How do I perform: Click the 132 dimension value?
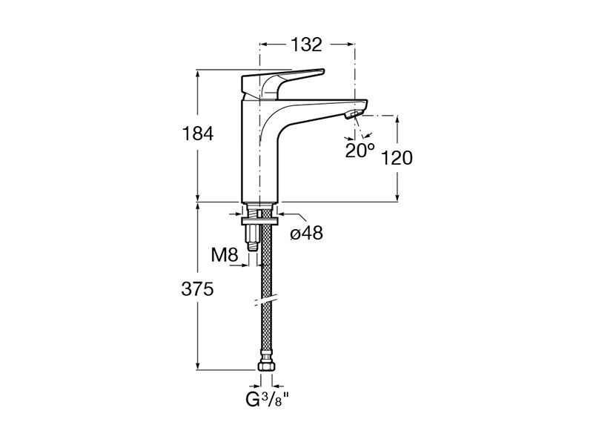(x=306, y=44)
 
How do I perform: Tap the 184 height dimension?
(x=198, y=134)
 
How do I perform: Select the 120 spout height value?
(x=397, y=158)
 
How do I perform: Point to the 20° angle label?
(x=360, y=151)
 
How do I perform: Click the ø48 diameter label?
(x=306, y=233)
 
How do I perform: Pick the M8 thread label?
(x=225, y=255)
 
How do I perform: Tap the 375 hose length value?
(x=197, y=289)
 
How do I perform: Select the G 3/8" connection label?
(x=268, y=400)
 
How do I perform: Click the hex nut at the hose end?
(x=266, y=366)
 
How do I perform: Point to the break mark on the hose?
(x=266, y=300)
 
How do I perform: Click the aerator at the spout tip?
(x=354, y=113)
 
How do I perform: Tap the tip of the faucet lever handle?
(x=323, y=70)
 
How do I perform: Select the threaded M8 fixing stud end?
(x=252, y=247)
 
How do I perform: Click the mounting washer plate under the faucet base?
(x=260, y=220)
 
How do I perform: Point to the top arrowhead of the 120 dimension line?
(x=397, y=119)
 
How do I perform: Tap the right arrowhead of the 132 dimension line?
(x=350, y=44)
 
